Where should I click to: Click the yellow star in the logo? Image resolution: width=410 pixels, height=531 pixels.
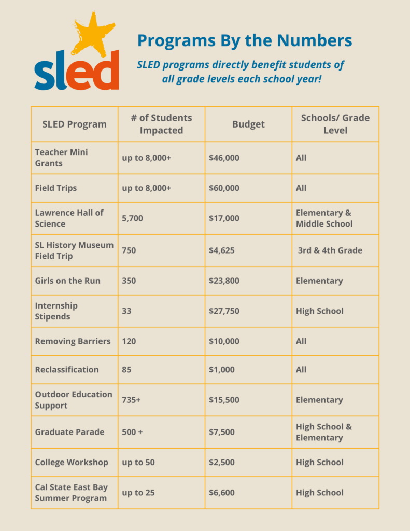click(x=92, y=36)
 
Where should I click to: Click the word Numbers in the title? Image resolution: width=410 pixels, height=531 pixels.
click(x=314, y=40)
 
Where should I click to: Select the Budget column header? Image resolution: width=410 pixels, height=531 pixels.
click(x=248, y=124)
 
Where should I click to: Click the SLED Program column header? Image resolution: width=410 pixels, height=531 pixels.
click(x=75, y=124)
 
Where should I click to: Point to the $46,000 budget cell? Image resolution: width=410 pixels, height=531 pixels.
click(x=224, y=158)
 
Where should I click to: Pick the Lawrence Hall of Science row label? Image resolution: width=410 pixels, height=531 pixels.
click(x=69, y=218)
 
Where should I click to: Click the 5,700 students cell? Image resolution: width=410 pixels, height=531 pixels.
click(x=132, y=218)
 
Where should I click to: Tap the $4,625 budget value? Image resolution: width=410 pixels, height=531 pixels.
click(x=222, y=250)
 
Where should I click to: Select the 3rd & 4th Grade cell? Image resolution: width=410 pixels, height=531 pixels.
click(x=330, y=250)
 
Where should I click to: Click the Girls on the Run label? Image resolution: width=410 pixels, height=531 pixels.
click(x=68, y=281)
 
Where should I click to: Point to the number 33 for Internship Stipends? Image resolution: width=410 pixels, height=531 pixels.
click(x=126, y=311)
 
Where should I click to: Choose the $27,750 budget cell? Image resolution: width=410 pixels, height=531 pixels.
click(x=224, y=311)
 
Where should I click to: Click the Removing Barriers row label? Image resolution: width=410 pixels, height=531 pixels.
click(x=73, y=341)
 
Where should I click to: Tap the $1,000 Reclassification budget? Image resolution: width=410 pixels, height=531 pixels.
click(x=222, y=369)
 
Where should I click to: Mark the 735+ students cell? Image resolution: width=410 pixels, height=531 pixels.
click(x=131, y=400)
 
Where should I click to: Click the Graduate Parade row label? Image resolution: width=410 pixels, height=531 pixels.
click(x=70, y=432)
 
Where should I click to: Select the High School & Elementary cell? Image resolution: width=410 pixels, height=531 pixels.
click(x=324, y=432)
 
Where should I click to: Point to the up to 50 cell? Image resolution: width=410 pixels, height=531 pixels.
click(x=138, y=463)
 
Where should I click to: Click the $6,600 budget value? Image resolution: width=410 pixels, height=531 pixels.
click(x=222, y=493)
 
